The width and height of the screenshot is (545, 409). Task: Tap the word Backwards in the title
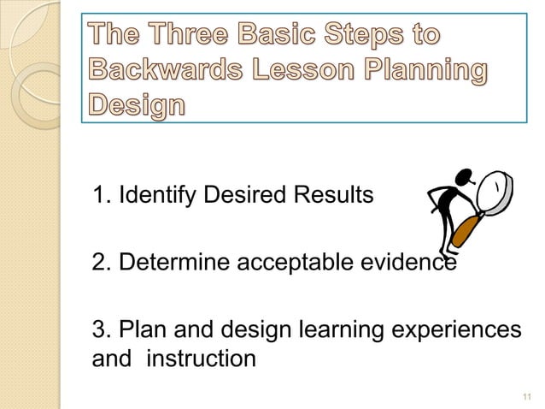pos(156,72)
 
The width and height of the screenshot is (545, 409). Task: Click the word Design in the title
pos(136,107)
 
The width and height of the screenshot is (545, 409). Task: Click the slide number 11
pos(524,395)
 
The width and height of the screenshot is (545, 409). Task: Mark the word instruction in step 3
pos(202,358)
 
